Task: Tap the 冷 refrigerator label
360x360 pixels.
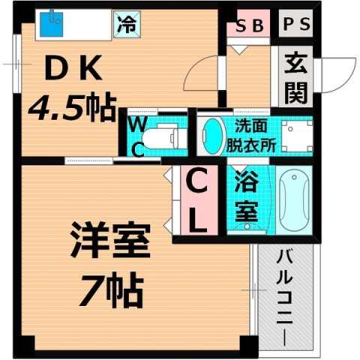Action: (125, 24)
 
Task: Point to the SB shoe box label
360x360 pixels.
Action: (249, 25)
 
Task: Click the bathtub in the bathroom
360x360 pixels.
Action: (293, 199)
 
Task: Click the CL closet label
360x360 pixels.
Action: (197, 201)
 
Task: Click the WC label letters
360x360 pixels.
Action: (139, 135)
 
